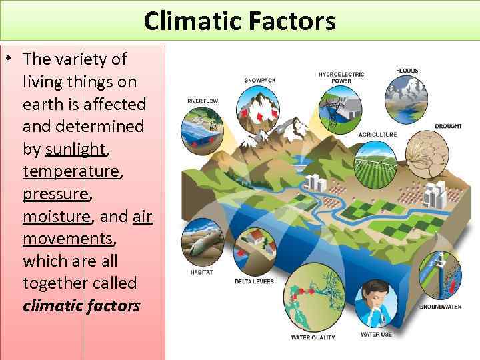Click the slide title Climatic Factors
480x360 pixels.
[x=239, y=21]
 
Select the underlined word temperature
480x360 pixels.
[x=71, y=171]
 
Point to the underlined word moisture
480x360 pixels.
[x=56, y=216]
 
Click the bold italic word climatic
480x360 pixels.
[x=52, y=306]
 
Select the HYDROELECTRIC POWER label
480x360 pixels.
[x=341, y=77]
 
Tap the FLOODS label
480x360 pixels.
[x=407, y=70]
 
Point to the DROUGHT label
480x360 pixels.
[x=448, y=126]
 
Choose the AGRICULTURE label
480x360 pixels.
[x=378, y=134]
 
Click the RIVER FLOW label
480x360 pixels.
[x=202, y=101]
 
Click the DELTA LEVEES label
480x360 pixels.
[x=254, y=281]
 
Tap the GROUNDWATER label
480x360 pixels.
[x=440, y=307]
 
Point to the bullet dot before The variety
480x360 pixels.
[x=9, y=59]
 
